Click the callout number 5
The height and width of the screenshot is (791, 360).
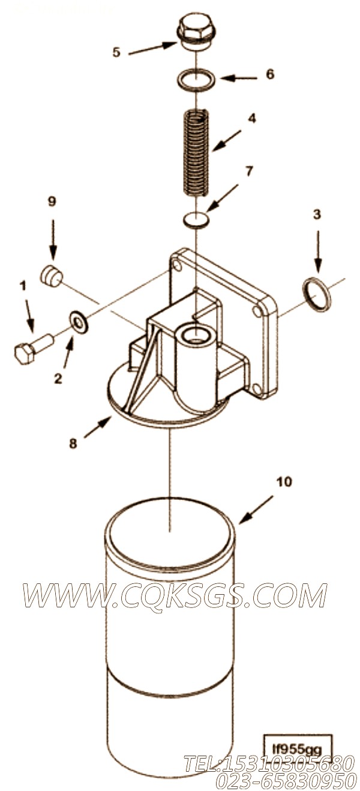[116, 52]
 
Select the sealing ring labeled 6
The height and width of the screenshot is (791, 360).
[195, 81]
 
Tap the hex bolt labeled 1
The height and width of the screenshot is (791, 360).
[33, 348]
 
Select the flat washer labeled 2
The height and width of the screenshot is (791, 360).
[79, 320]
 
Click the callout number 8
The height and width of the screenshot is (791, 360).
[73, 443]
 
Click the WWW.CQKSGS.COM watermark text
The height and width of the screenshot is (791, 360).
[175, 596]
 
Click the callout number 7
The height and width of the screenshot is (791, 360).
[249, 172]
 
